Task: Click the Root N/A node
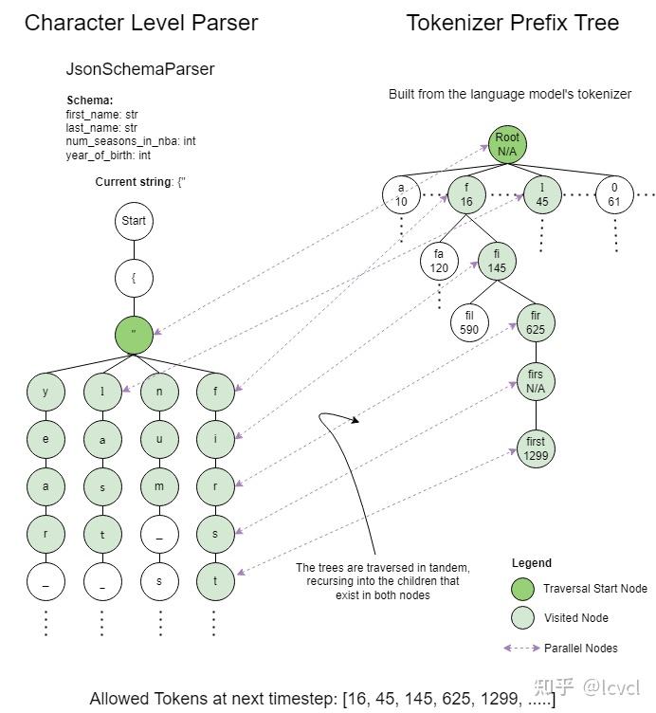507,144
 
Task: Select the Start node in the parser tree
134,221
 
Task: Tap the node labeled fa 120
439,261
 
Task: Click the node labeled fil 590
470,321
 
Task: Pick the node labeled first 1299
536,448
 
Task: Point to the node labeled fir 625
536,322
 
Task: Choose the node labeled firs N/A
536,381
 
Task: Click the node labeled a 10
401,195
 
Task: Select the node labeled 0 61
613,195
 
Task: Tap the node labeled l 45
541,195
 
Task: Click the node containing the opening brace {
134,279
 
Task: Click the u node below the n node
158,439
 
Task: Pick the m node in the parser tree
158,487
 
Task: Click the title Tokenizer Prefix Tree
513,23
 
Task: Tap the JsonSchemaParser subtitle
140,69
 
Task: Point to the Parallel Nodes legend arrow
521,648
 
